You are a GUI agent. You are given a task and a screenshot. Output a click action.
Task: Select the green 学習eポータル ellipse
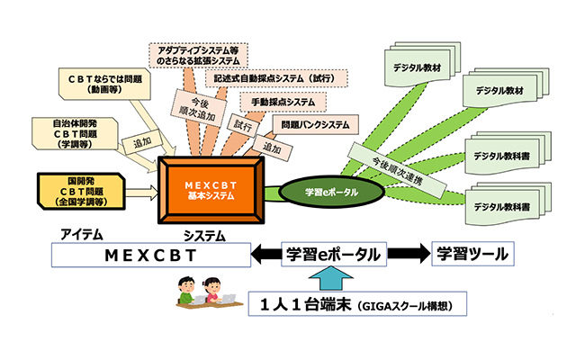point(319,192)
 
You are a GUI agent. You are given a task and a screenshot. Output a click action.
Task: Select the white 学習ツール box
point(471,255)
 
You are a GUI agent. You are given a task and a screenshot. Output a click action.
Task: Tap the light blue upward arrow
point(321,280)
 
